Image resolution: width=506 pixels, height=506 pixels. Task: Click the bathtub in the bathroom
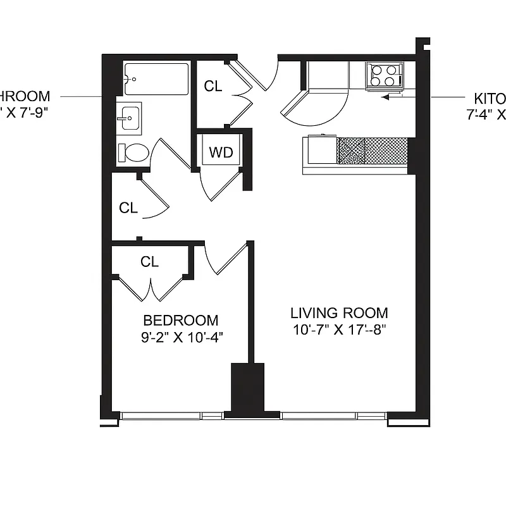click(156, 78)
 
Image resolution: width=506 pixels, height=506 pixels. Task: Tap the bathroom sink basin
click(130, 116)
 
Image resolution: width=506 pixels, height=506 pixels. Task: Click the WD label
click(221, 152)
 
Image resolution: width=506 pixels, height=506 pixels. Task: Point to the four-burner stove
click(385, 75)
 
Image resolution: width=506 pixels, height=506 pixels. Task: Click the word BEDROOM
click(180, 320)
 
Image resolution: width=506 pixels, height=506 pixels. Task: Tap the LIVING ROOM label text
click(339, 312)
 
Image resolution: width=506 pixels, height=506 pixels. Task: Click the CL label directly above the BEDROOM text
click(149, 261)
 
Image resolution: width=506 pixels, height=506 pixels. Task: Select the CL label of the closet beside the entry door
click(213, 86)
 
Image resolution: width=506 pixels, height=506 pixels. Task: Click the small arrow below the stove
click(392, 97)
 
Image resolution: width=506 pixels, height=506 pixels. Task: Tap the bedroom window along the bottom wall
click(171, 416)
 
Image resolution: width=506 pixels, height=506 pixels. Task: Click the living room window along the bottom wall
click(333, 416)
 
